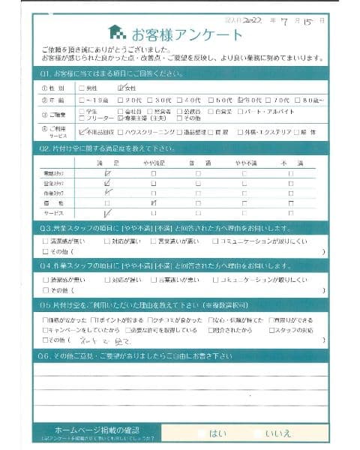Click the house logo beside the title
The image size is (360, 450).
click(117, 31)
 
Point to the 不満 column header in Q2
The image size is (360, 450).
click(289, 163)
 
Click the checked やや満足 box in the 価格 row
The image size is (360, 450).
click(154, 202)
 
